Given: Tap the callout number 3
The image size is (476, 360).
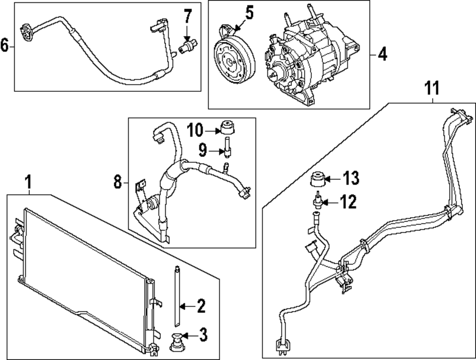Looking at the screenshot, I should tap(203, 335).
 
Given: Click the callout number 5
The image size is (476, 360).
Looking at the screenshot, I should tap(249, 13).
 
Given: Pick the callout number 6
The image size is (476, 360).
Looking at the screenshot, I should tap(5, 46).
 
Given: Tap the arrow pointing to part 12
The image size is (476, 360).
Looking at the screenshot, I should tap(329, 203).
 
